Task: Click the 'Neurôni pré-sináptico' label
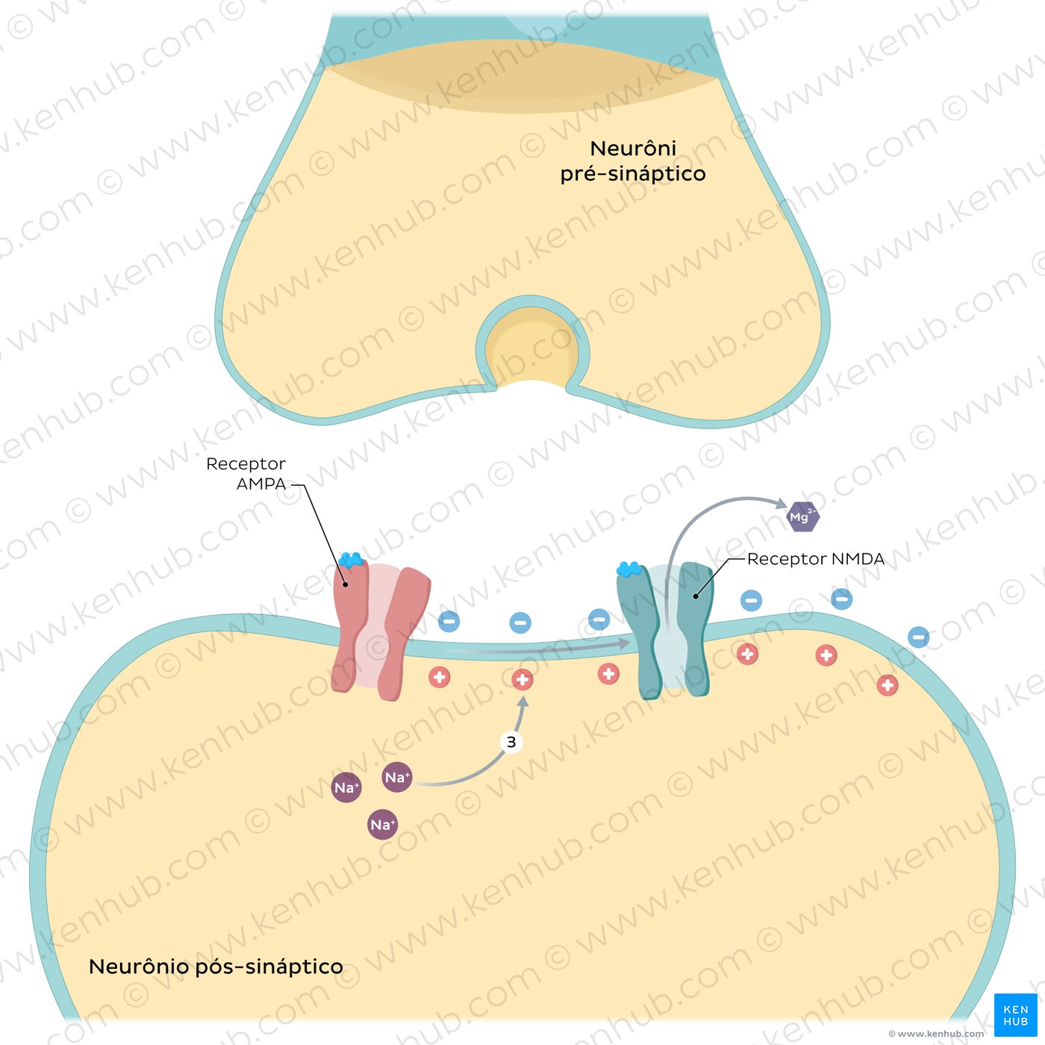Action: (633, 160)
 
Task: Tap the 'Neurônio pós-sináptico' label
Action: (216, 967)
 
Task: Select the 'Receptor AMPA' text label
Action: (246, 474)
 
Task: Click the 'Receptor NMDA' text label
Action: (815, 559)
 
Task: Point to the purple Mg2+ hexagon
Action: (803, 517)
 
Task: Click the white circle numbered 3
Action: (511, 742)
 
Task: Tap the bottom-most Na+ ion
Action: (382, 825)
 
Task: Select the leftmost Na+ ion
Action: (346, 788)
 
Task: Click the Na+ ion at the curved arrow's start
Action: (397, 778)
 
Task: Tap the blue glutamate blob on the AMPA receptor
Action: (351, 560)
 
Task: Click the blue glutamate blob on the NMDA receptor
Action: (628, 570)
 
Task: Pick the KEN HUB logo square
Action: (1015, 1015)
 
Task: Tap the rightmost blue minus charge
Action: (919, 637)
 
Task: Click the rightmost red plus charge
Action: (888, 684)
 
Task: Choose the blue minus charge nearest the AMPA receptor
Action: (449, 620)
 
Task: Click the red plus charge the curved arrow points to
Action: (522, 679)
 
